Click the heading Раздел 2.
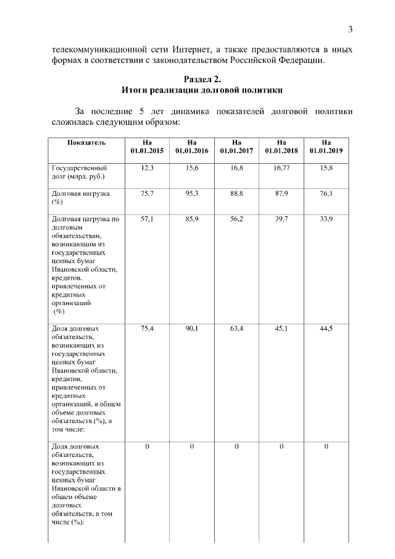coord(202,79)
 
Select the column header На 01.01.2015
coord(147,146)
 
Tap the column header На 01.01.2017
coord(236,146)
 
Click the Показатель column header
coord(86,143)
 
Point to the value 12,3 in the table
coord(147,168)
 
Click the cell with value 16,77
coord(281,168)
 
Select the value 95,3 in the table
coord(192,193)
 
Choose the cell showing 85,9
coord(192,219)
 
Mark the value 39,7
coord(281,219)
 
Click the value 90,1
coord(192,329)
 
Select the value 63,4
coord(236,329)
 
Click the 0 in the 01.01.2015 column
coord(147,446)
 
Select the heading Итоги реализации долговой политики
coord(202,90)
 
